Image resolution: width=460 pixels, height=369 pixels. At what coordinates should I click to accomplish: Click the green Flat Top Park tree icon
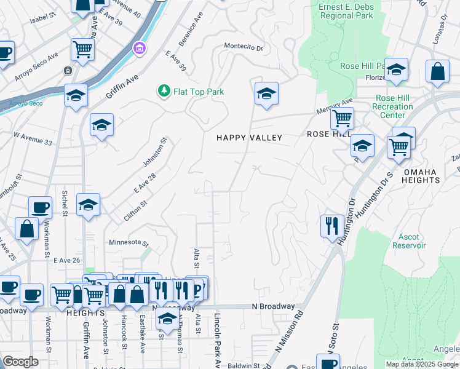point(164,92)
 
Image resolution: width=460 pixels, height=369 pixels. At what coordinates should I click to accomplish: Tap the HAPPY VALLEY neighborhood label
point(249,138)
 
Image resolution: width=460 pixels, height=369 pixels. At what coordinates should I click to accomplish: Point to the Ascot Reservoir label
point(409,240)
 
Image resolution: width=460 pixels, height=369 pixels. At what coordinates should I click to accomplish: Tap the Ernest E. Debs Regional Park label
point(346,11)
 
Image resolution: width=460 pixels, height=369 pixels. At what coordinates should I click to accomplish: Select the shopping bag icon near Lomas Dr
point(437,71)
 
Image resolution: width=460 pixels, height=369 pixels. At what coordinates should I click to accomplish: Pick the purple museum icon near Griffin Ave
point(140,48)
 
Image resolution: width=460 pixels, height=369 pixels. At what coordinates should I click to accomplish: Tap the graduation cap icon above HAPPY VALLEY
point(266,94)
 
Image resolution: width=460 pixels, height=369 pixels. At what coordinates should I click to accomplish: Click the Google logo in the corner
point(20,362)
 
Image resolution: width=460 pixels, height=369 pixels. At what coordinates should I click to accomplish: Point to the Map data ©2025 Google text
point(422,364)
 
